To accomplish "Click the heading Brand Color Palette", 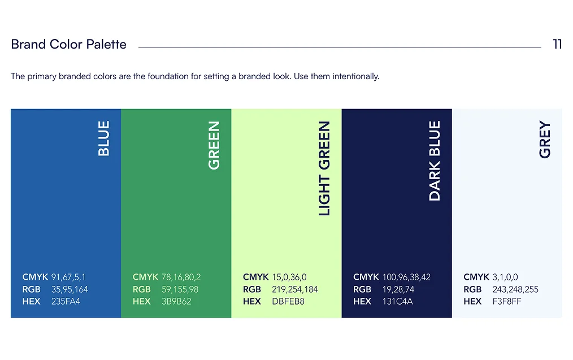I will pos(68,44).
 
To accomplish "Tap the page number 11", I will pos(557,44).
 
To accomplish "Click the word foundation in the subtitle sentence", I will pos(168,76).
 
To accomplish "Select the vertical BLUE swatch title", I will pos(104,138).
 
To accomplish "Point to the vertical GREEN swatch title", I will pos(214,145).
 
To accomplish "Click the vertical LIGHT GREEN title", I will pos(324,168).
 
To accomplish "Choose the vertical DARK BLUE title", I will pos(435,161).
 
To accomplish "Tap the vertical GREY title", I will pos(545,140).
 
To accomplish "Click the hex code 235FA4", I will pos(66,301).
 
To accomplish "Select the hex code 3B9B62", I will pos(176,301).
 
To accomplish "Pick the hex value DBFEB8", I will pos(288,301).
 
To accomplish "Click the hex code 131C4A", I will pos(397,301).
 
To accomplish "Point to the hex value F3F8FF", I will pos(507,301).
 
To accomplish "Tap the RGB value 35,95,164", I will pos(70,289).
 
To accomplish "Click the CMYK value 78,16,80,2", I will pos(181,277).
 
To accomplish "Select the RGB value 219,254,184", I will pos(294,289).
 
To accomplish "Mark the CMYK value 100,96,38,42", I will pos(406,277).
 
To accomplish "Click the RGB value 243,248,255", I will pos(515,289).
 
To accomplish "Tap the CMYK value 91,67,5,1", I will pos(68,277).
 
